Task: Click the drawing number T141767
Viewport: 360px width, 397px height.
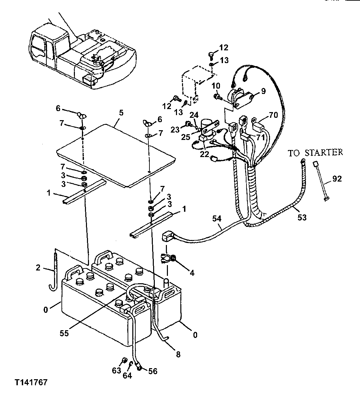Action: (x=31, y=383)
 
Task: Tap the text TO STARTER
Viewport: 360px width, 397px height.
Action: (x=315, y=153)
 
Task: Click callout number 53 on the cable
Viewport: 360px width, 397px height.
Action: (x=302, y=217)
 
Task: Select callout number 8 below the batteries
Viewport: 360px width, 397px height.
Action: (x=178, y=354)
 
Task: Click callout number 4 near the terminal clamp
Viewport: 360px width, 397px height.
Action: (x=192, y=273)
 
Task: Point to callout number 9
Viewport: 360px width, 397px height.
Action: (x=263, y=90)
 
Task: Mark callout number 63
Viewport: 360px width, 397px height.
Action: (x=116, y=371)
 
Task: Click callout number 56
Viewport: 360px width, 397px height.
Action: (x=153, y=371)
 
